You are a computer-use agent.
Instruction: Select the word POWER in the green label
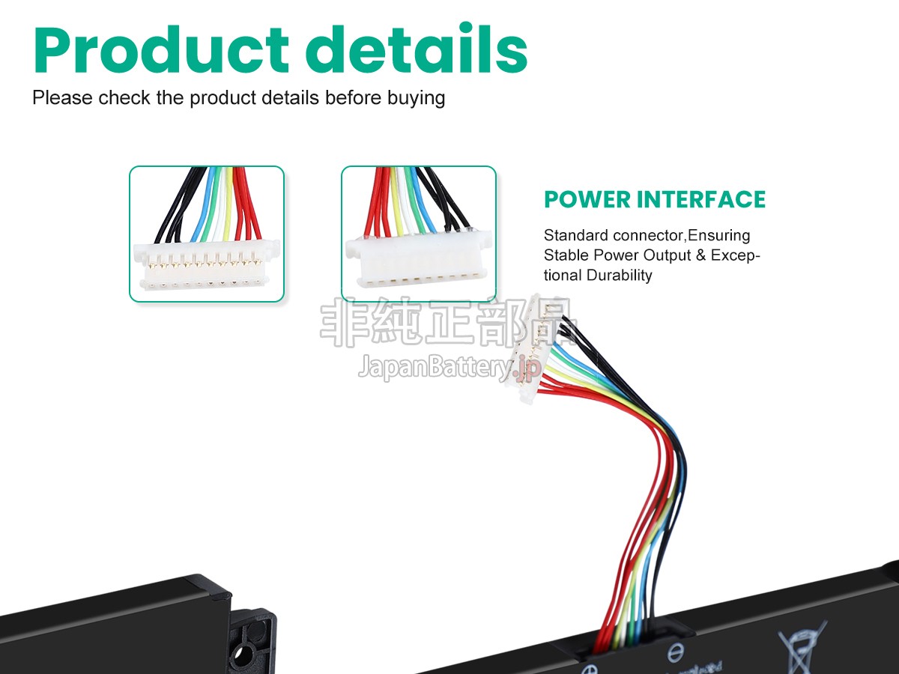587,200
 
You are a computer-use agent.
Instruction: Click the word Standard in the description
576,236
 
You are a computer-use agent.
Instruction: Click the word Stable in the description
564,255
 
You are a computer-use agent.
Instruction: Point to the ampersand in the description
700,255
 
